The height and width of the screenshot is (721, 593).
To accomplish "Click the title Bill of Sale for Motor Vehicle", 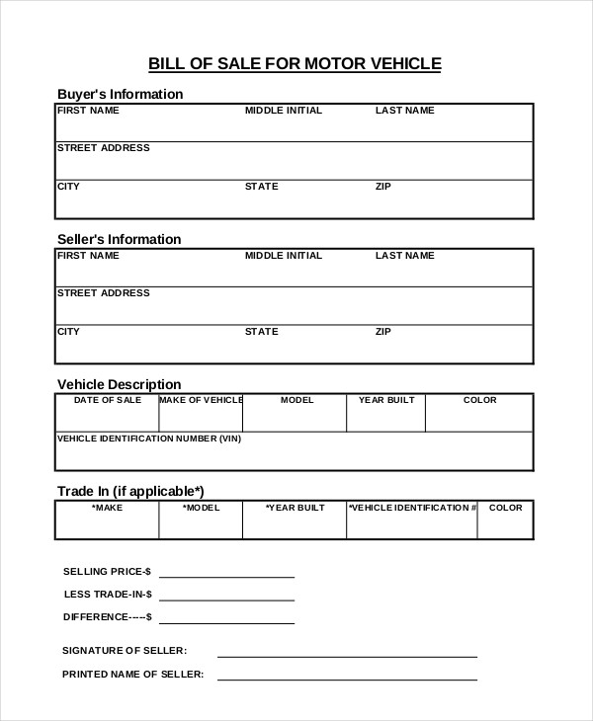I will click(295, 64).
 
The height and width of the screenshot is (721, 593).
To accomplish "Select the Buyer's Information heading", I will click(120, 95).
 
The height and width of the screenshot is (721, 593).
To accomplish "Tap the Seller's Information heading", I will click(119, 240).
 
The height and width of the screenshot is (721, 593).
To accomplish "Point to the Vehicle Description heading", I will click(119, 385).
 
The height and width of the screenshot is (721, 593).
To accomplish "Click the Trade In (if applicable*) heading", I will click(130, 491).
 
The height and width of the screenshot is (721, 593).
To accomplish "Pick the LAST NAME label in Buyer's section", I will click(404, 111).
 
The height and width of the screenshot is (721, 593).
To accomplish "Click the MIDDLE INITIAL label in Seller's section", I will click(283, 256).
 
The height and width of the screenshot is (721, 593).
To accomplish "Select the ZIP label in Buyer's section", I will click(383, 187).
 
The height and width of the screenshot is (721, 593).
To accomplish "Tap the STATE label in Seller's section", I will click(261, 332).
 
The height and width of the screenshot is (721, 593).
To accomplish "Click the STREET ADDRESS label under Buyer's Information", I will click(104, 148).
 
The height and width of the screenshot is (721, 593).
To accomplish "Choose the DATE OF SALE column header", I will click(108, 401).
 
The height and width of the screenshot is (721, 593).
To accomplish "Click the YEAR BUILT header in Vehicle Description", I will click(385, 401).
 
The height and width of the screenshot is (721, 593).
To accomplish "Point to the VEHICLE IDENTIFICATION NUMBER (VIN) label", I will click(149, 438).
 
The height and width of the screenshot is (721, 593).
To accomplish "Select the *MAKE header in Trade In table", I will click(108, 509).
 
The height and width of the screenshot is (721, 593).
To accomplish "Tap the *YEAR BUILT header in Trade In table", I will click(295, 509).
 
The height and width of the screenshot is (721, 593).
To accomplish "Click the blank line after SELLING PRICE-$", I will click(226, 575).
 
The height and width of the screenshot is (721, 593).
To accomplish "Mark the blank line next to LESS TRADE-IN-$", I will click(226, 598).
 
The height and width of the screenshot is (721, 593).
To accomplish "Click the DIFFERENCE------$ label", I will click(108, 617).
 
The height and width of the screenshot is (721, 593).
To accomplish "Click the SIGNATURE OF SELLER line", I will click(347, 655).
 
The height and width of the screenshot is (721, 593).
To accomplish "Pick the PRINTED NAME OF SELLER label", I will click(132, 675).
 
